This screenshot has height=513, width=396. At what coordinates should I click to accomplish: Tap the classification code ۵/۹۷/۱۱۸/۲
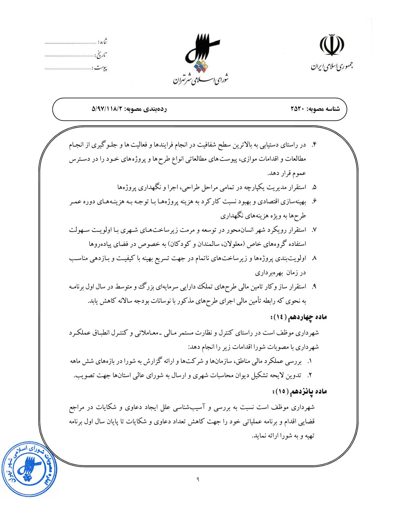(108, 109)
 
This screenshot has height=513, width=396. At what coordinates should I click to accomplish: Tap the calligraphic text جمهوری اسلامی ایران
(332, 67)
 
